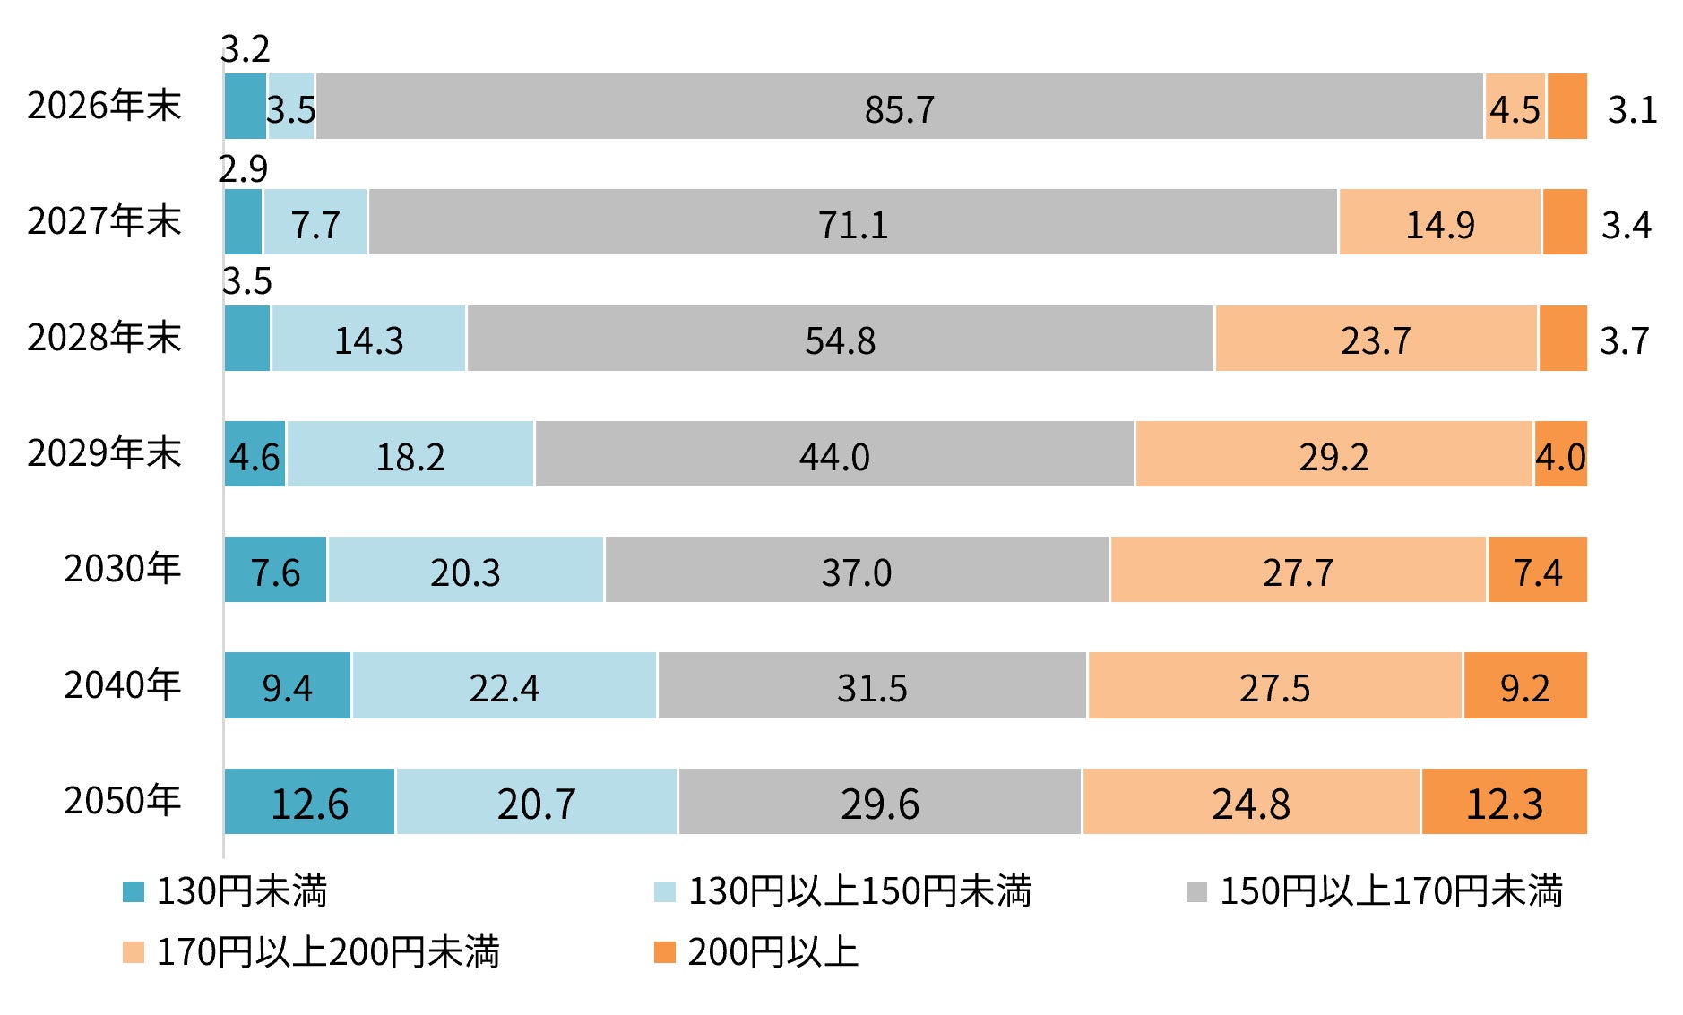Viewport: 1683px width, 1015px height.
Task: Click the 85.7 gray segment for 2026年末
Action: pyautogui.click(x=900, y=107)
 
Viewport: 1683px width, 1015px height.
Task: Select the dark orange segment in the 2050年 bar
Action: pyautogui.click(x=1505, y=801)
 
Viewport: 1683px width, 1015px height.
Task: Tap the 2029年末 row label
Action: pyautogui.click(x=104, y=452)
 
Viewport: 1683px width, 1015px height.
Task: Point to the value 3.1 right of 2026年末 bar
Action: pyautogui.click(x=1632, y=109)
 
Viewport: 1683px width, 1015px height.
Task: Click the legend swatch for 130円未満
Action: pyautogui.click(x=134, y=891)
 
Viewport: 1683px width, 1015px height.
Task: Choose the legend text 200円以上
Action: pyautogui.click(x=772, y=951)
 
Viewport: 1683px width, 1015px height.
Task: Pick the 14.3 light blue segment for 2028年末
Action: pyautogui.click(x=368, y=338)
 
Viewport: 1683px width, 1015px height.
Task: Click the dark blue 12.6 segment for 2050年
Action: pyautogui.click(x=309, y=801)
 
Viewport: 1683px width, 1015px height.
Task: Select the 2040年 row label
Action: pyautogui.click(x=122, y=684)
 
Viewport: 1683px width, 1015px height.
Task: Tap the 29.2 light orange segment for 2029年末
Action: pyautogui.click(x=1333, y=453)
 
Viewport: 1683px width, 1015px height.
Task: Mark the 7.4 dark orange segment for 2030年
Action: pyautogui.click(x=1538, y=569)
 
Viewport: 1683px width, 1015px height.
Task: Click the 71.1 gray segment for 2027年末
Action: pyautogui.click(x=853, y=222)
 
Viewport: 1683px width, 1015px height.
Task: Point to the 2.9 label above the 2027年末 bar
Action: pyautogui.click(x=243, y=168)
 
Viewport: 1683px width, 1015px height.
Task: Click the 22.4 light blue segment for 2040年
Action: pyautogui.click(x=505, y=685)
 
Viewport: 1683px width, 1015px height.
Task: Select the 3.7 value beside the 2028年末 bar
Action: pyautogui.click(x=1624, y=340)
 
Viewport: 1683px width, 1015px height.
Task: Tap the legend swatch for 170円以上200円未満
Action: pyautogui.click(x=134, y=952)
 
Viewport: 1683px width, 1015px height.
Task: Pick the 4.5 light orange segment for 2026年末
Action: pyautogui.click(x=1515, y=107)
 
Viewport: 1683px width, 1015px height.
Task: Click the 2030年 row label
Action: pyautogui.click(x=122, y=568)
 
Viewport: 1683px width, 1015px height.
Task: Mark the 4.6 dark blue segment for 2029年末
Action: pyautogui.click(x=255, y=453)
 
